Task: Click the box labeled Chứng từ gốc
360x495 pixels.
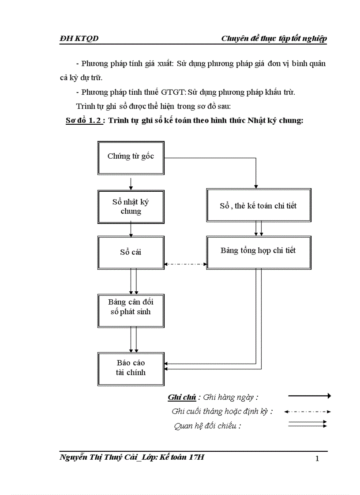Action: coord(131,157)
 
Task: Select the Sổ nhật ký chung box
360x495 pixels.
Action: coord(131,207)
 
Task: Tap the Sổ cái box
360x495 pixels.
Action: coord(131,253)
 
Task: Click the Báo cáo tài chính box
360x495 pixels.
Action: coord(131,368)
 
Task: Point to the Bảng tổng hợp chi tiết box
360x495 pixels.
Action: coord(258,251)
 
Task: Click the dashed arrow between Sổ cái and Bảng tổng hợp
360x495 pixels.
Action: coord(185,264)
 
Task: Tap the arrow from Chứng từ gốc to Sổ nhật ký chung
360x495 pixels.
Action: coord(131,183)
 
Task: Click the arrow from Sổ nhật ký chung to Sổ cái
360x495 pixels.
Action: coord(131,230)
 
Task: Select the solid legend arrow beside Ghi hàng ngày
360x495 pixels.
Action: coord(309,396)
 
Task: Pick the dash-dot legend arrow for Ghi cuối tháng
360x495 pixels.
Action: coord(307,412)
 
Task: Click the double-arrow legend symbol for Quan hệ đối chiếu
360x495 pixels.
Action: coord(307,424)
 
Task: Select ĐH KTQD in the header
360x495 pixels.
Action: coord(79,39)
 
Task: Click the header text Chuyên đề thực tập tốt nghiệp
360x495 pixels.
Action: coord(274,39)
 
